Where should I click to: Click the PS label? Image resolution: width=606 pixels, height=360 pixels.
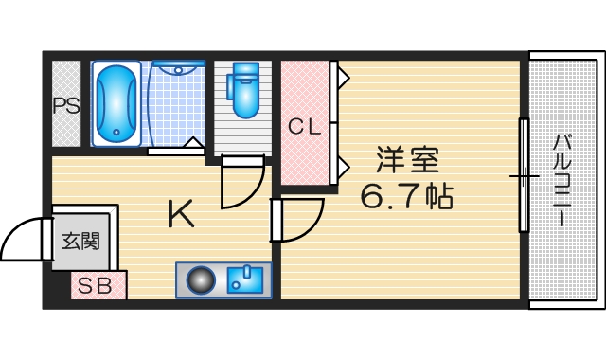(x=66, y=105)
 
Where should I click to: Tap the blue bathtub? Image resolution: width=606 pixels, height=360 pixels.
(x=116, y=104)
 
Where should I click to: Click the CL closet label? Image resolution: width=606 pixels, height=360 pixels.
(x=304, y=124)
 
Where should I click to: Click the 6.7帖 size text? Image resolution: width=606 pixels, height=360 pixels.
(x=407, y=196)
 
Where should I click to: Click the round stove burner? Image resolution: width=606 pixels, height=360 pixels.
(x=201, y=280)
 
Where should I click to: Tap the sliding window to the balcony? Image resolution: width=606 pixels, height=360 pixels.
(x=523, y=176)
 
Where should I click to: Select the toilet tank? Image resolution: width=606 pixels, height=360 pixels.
(x=244, y=72)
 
